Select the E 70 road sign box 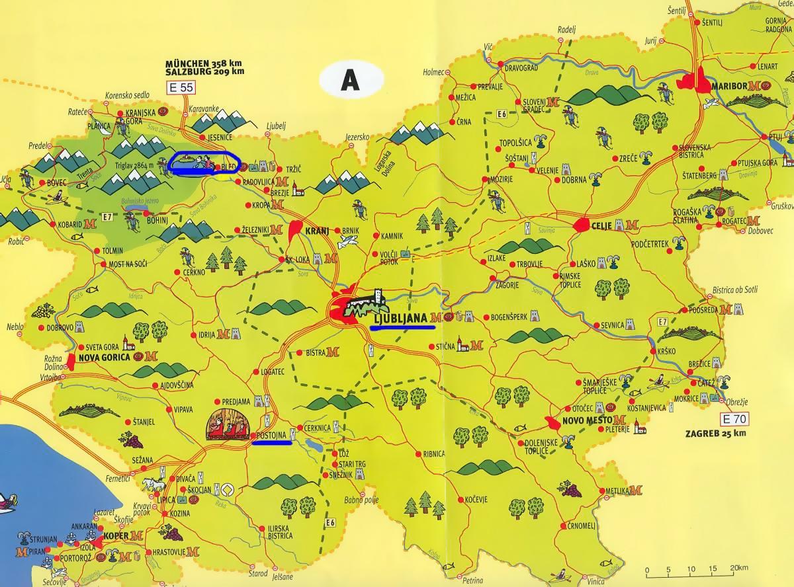tap(734, 418)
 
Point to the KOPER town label tap(116, 535)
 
